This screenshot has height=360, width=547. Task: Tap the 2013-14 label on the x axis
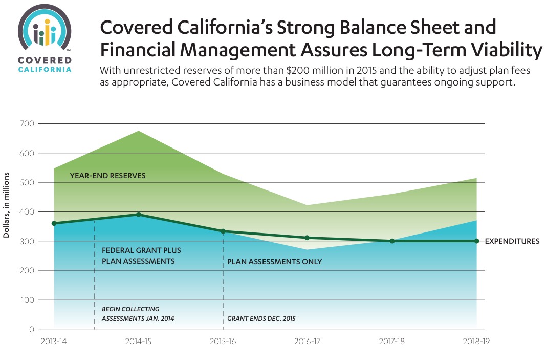[53, 341]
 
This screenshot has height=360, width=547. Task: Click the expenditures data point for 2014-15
[138, 215]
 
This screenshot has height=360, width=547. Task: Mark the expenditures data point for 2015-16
[223, 231]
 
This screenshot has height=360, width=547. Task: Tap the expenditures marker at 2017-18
[392, 241]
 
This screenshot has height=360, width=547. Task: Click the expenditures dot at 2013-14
[54, 223]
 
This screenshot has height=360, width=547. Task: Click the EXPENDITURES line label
[512, 241]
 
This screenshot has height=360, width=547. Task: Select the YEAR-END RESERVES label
[107, 176]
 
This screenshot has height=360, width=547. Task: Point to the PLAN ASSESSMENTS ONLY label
[274, 262]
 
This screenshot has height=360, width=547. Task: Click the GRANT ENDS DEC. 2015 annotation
[261, 319]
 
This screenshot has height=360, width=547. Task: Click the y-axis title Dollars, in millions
[7, 205]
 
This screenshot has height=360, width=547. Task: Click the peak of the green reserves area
[139, 132]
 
